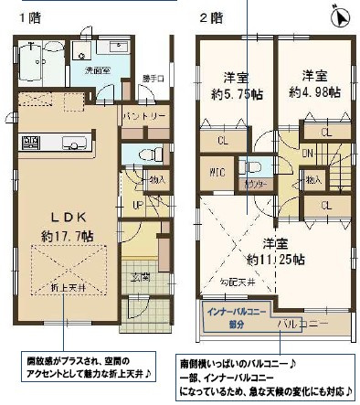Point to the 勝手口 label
154,79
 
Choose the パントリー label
145,117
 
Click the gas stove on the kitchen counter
30,142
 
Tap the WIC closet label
217,171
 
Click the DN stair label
308,153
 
